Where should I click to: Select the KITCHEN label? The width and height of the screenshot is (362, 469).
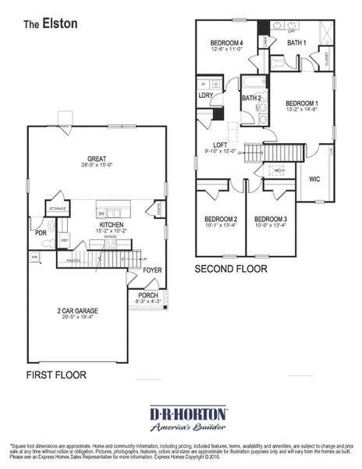point(111,224)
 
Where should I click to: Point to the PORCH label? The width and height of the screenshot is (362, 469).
point(147,295)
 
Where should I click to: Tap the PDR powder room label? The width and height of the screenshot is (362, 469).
point(41,232)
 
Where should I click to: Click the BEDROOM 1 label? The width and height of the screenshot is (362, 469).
point(301,102)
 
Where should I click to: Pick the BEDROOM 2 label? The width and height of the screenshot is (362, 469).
point(221,218)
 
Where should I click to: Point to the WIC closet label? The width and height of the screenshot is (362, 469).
point(314,178)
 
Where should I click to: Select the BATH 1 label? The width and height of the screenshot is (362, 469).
point(296,42)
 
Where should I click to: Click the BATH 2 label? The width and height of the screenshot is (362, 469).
point(250,98)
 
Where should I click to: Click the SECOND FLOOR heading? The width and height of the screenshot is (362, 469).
point(231,268)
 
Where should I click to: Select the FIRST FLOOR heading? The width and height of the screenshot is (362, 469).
point(56,374)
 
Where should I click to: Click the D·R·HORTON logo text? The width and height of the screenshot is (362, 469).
point(188,412)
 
